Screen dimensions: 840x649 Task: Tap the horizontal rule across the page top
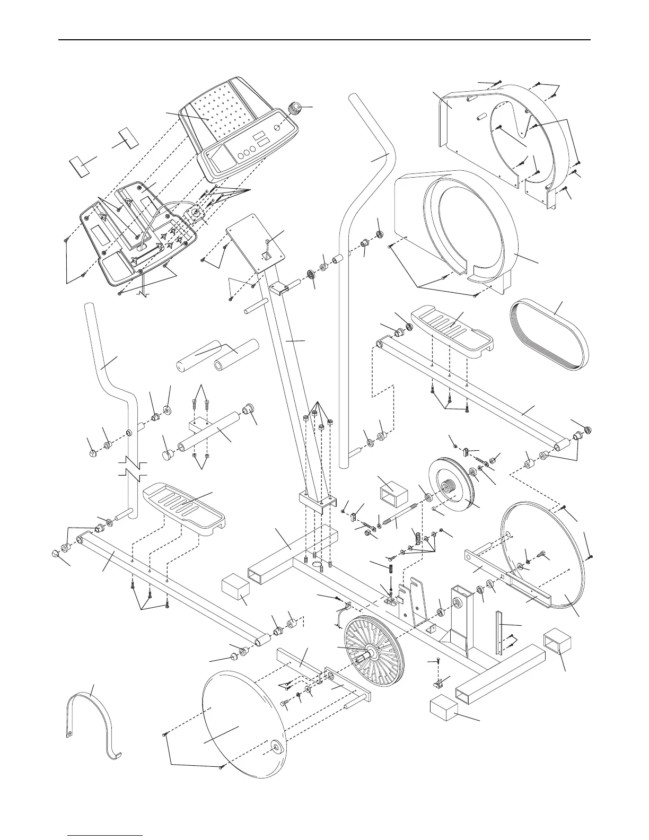pos(324,40)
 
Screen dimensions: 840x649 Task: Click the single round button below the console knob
pos(277,128)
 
